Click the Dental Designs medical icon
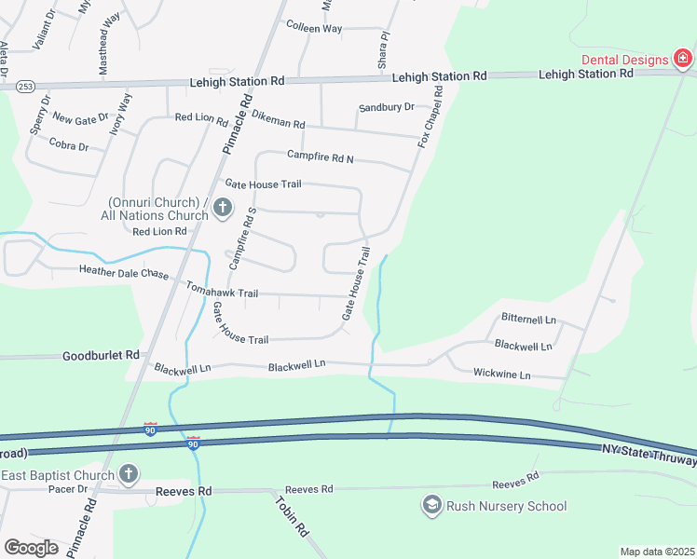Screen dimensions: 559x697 pos(682,60)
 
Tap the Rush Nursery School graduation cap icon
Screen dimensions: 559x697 pos(431,506)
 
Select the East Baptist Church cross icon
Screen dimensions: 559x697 pos(128,475)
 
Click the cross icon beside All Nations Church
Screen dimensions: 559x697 pos(222,208)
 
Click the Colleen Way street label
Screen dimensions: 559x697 pos(314,28)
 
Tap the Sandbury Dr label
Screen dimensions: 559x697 pos(386,107)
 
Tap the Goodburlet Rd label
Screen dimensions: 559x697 pos(101,356)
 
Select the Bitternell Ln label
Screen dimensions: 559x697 pos(528,319)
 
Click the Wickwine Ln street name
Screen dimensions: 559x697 pos(501,375)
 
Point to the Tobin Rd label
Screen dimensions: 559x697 pos(291,515)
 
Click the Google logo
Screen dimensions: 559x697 pos(32,547)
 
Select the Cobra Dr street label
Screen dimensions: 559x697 pos(68,145)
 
